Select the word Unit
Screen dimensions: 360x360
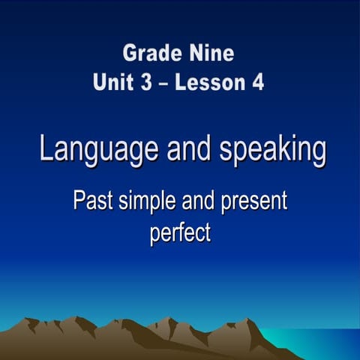(x=113, y=82)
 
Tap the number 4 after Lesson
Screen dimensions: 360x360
(x=257, y=82)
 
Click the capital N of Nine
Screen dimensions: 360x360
(x=192, y=53)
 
